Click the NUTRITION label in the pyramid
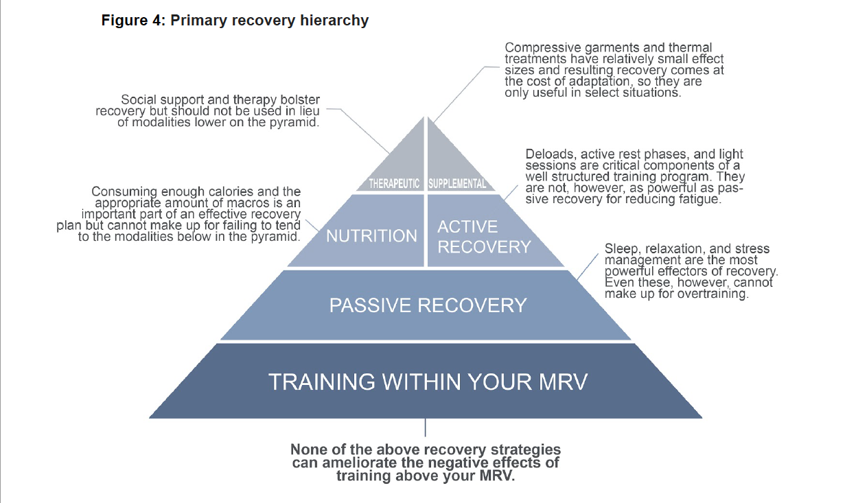pos(371,235)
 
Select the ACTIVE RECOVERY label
pos(484,237)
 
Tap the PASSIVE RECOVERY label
pos(428,305)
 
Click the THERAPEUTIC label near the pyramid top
pos(394,184)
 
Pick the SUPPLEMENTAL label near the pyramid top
pos(457,184)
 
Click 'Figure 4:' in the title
pos(133,20)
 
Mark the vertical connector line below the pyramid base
pos(426,428)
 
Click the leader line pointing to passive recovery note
pos(588,267)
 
